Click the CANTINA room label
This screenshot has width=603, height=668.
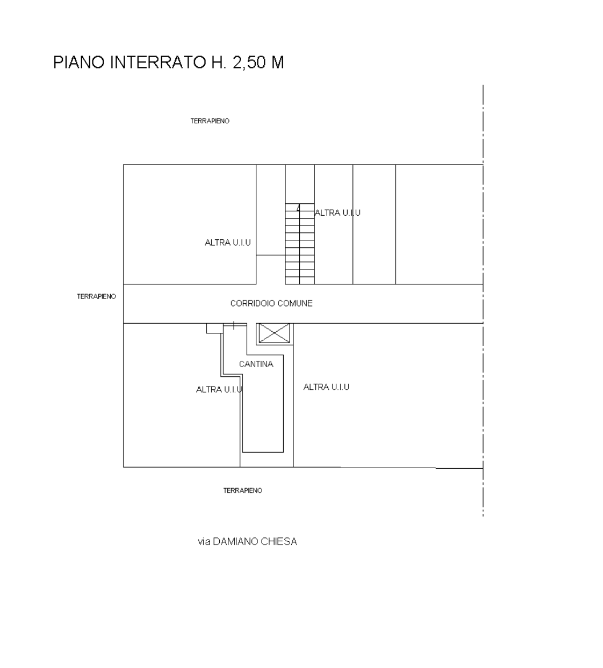tap(256, 364)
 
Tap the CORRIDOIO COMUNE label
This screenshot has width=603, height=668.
tap(271, 303)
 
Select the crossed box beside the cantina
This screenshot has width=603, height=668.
tap(275, 333)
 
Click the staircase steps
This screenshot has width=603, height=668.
tap(300, 244)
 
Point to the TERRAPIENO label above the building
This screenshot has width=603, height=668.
tap(210, 121)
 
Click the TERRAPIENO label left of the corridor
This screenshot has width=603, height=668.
tap(97, 296)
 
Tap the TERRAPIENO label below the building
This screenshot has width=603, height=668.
tap(243, 490)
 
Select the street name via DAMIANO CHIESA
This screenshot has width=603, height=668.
tap(247, 541)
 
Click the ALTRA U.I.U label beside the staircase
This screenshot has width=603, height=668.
tap(337, 212)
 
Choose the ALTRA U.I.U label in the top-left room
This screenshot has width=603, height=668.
tap(228, 243)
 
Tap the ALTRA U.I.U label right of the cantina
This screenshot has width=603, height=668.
tap(327, 387)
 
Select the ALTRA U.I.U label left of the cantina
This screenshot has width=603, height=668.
tap(219, 389)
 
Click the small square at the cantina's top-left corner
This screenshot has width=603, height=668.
tap(215, 328)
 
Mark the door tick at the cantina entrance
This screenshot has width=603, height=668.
tap(234, 325)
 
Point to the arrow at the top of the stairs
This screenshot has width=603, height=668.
tap(298, 207)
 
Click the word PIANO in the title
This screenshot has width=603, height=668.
tap(79, 62)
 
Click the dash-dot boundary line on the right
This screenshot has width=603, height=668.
tap(483, 301)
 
